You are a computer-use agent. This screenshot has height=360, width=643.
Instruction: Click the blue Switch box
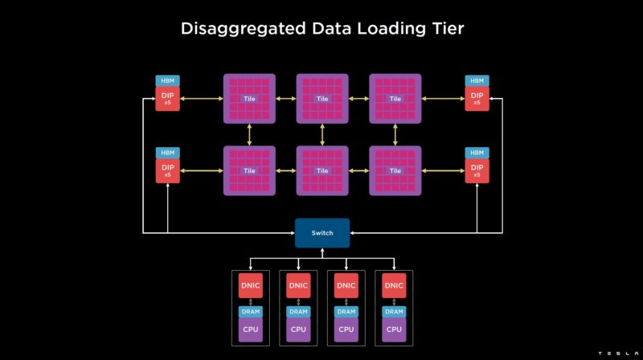[x=322, y=233]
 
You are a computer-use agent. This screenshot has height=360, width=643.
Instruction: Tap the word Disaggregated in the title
[x=244, y=29]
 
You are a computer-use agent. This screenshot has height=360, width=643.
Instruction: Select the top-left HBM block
[x=167, y=81]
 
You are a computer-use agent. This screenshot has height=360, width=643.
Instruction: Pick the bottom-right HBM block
[x=477, y=153]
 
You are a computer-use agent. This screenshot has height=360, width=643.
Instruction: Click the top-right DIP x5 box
[x=477, y=98]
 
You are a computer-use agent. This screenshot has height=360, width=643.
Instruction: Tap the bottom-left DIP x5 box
[x=167, y=170]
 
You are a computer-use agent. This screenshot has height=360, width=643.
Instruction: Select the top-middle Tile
[x=322, y=99]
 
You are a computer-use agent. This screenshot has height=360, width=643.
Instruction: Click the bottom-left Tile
[x=249, y=170]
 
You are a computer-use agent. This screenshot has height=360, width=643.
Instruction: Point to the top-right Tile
[x=395, y=99]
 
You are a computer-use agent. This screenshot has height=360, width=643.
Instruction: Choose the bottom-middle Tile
[x=322, y=170]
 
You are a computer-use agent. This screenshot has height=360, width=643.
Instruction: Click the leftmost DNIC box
[x=251, y=285]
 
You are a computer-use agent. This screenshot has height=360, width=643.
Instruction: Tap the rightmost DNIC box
[x=394, y=285]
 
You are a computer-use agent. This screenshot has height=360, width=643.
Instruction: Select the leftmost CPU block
[x=251, y=329]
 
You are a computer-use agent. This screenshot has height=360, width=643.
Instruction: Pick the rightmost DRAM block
[x=394, y=312]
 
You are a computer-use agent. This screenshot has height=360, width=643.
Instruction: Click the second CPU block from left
[x=298, y=329]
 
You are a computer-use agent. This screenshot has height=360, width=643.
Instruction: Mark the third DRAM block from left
[x=346, y=312]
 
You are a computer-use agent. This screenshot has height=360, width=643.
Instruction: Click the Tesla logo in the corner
[x=618, y=353]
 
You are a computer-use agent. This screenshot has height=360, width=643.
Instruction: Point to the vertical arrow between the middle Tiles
[x=322, y=135]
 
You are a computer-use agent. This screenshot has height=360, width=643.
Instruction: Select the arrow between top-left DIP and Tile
[x=202, y=99]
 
